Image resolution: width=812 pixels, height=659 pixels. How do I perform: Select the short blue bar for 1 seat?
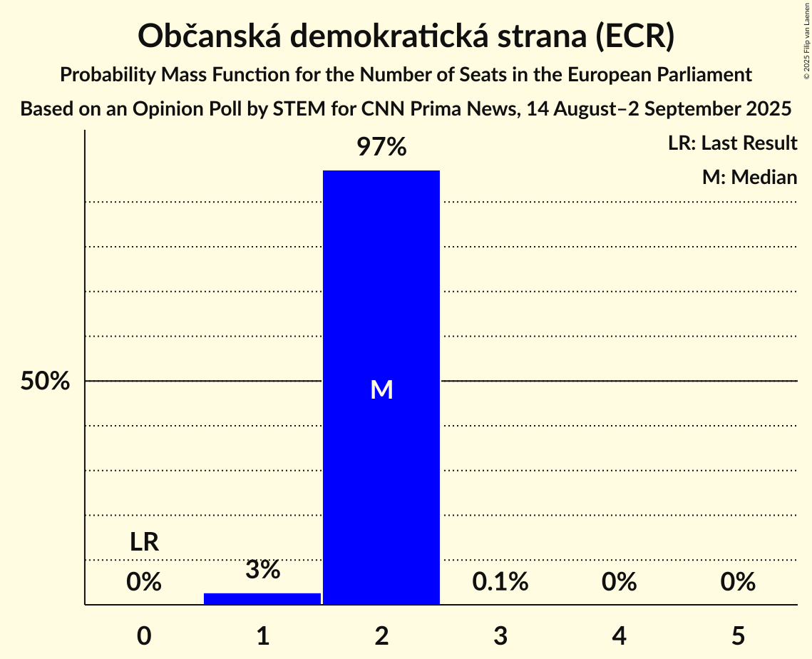click(x=262, y=598)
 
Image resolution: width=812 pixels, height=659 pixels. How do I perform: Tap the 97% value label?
click(x=381, y=148)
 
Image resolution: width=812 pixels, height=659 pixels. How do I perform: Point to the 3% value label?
click(x=262, y=570)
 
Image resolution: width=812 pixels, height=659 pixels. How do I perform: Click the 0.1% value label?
click(x=500, y=582)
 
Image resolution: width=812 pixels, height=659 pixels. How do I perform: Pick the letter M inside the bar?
click(x=381, y=389)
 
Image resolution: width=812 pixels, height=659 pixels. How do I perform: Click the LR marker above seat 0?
click(x=144, y=543)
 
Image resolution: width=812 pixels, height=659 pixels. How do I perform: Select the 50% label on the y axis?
click(x=45, y=382)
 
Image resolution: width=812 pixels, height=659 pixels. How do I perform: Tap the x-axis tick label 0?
click(x=144, y=635)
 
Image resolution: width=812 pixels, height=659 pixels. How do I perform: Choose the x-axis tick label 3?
click(x=500, y=635)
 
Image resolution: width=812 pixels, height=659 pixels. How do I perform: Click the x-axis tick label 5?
click(x=737, y=635)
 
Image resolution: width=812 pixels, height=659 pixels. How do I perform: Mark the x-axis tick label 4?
click(x=619, y=635)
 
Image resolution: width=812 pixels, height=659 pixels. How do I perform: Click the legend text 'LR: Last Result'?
click(x=732, y=143)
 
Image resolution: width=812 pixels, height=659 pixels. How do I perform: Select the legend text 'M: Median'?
click(x=749, y=177)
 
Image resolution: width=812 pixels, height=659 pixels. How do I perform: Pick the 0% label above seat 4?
click(x=619, y=582)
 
